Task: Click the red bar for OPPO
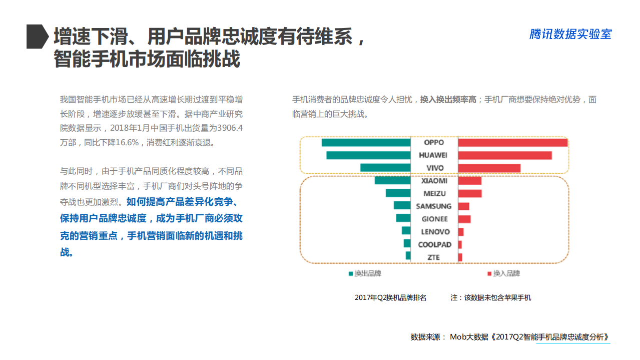(512, 143)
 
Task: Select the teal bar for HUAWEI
(368, 155)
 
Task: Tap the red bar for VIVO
(489, 168)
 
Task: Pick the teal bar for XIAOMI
(392, 180)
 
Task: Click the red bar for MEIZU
(469, 193)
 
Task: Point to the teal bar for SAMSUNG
(402, 206)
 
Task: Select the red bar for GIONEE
(464, 219)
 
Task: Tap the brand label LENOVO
(435, 232)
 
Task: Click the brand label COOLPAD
(434, 244)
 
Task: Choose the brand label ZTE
(434, 257)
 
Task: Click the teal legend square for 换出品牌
(351, 273)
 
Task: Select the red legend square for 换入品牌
(489, 273)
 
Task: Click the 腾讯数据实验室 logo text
(570, 34)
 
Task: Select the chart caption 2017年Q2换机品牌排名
(390, 297)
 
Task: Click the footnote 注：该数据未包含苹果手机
(491, 297)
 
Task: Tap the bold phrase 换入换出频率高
(448, 99)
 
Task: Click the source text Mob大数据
(468, 337)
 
